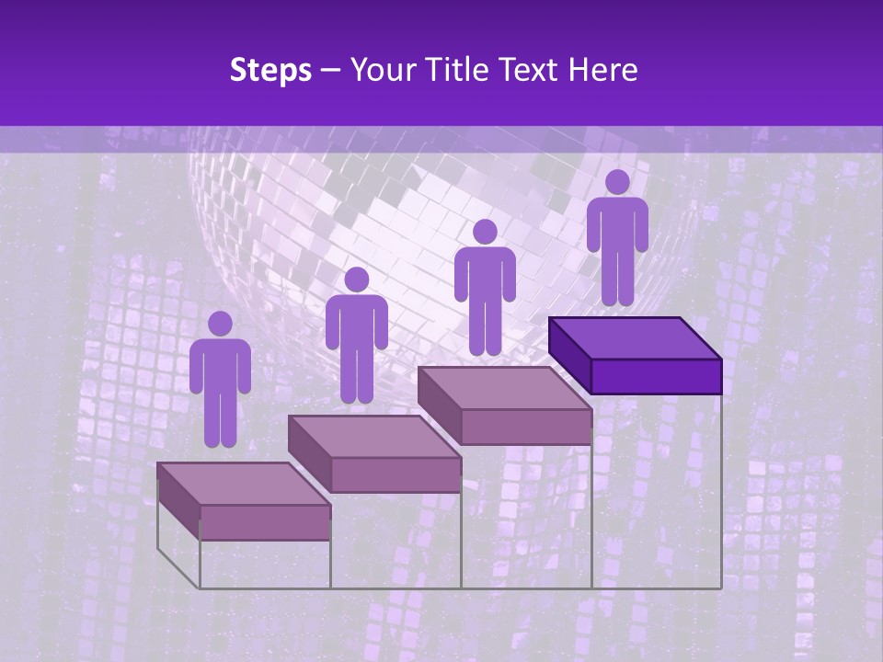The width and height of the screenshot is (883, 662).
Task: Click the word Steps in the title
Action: [270, 70]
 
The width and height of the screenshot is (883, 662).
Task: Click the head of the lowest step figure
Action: [220, 324]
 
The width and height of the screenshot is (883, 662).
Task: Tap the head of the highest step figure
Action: [617, 182]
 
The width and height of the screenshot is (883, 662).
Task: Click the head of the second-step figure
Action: [356, 280]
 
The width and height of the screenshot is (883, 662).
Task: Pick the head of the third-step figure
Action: [485, 232]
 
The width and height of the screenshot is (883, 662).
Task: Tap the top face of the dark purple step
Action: [635, 338]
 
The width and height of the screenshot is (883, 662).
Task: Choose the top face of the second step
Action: [373, 436]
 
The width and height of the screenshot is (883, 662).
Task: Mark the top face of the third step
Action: [504, 388]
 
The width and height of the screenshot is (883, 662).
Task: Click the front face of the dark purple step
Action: [656, 376]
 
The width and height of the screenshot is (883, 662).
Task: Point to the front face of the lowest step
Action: [265, 522]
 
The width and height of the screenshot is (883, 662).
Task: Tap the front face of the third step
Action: [526, 427]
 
